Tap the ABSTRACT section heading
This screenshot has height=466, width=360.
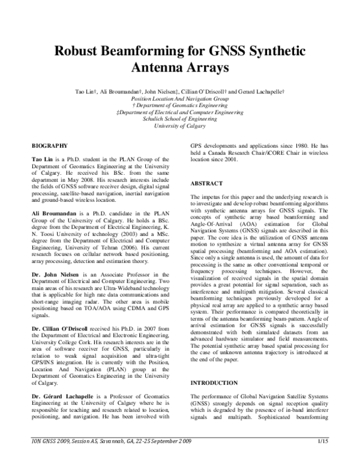point(206,183)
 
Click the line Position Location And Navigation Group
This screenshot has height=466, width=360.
point(179,97)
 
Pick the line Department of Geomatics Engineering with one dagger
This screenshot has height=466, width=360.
point(179,104)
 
